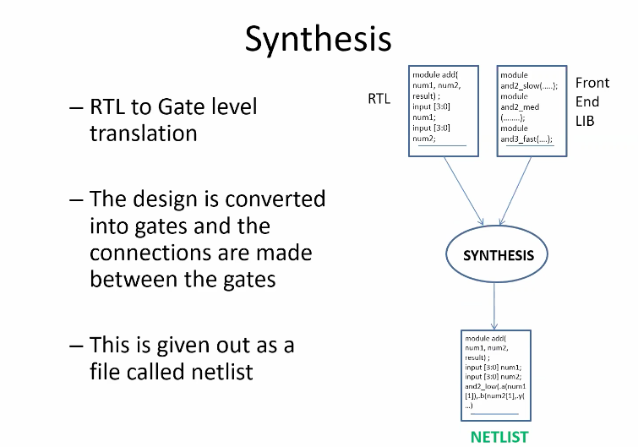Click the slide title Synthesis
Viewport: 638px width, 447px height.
coord(318,39)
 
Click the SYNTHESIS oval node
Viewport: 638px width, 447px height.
coord(498,254)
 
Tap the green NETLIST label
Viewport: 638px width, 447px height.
coord(499,436)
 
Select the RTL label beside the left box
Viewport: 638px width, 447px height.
coord(379,99)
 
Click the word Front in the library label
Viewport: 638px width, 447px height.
coord(592,83)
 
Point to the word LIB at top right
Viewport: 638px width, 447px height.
coord(585,121)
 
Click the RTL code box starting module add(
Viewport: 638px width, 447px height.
coord(443,110)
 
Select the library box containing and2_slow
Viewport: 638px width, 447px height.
coord(530,110)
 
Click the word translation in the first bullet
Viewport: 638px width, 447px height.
coord(144,134)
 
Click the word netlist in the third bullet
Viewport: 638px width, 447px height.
coord(222,370)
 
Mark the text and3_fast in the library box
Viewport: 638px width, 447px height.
coord(519,139)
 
